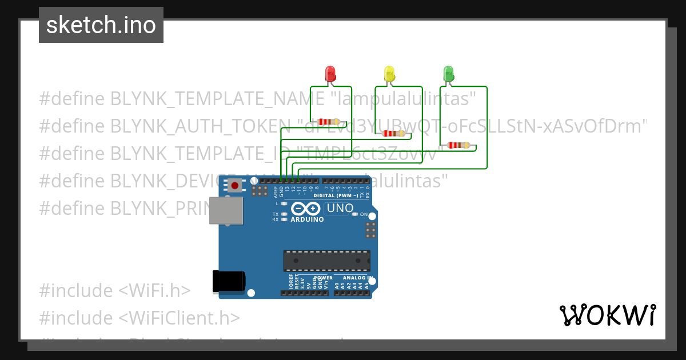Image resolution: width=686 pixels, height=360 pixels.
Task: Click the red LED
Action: tap(330, 73)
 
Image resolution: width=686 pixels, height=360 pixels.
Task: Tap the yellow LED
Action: tap(389, 73)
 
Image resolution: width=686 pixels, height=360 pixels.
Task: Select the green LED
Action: tap(449, 73)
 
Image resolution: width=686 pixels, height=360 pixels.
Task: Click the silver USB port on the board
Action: tap(225, 211)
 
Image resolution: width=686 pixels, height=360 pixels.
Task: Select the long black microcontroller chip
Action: tap(326, 261)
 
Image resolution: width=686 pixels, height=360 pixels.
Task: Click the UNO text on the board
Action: tap(340, 209)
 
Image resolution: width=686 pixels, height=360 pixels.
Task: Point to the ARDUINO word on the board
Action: tap(307, 219)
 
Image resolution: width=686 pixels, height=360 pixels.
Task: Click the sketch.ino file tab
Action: tap(101, 25)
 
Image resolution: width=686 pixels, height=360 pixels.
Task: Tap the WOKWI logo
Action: tap(607, 315)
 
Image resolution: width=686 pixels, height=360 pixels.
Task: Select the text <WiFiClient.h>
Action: tap(180, 318)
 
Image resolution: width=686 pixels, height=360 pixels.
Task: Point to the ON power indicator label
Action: tap(364, 214)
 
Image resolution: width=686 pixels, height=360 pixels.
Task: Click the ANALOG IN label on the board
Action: tap(358, 278)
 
